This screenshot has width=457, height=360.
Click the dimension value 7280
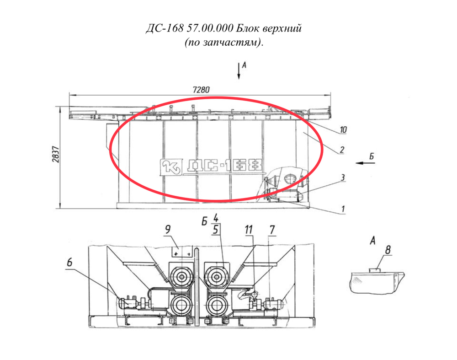tap(201, 89)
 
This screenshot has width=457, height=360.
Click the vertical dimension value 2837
tap(56, 155)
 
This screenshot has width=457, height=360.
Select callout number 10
tap(343, 129)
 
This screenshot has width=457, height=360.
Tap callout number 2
tap(342, 150)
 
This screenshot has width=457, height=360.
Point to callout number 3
tap(342, 177)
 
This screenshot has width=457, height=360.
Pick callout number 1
tap(343, 209)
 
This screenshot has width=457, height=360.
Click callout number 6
tap(69, 262)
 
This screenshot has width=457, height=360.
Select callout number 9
tap(168, 230)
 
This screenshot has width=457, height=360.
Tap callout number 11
tap(249, 230)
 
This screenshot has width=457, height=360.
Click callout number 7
tap(272, 230)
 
